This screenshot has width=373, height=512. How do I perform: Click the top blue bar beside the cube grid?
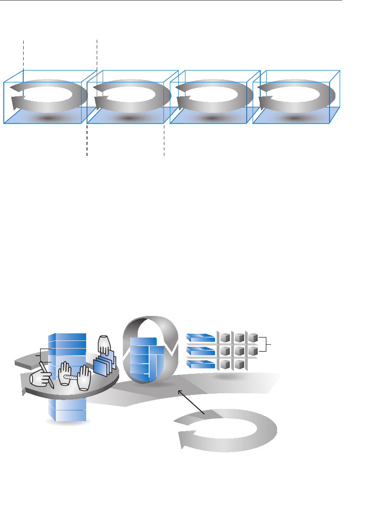click(201, 338)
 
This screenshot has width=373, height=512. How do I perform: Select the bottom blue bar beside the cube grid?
click(201, 364)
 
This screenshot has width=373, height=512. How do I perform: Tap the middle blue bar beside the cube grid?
click(201, 351)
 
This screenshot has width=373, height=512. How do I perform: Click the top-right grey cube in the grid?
click(253, 338)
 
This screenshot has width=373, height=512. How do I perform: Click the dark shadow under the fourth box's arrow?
click(294, 118)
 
